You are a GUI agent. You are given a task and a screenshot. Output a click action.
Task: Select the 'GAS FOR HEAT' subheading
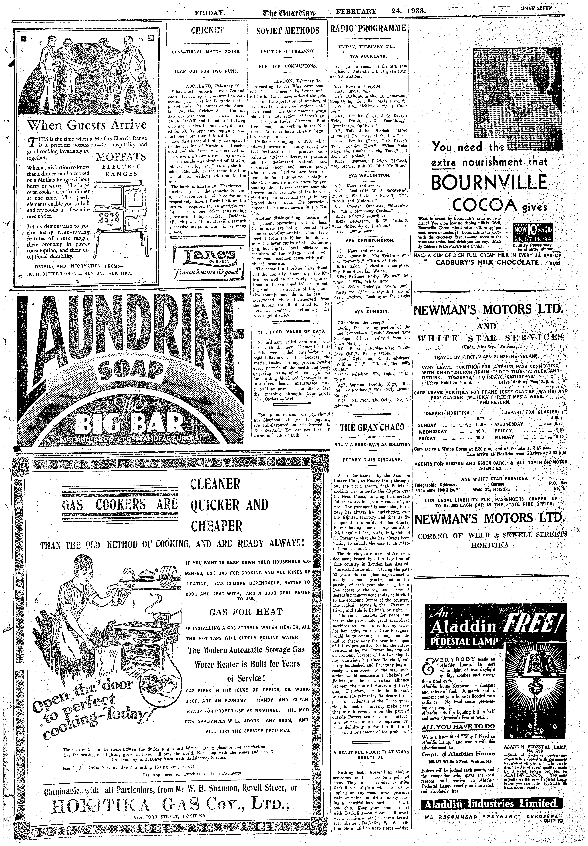(x=246, y=612)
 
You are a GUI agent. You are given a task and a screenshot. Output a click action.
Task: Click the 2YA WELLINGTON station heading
(x=367, y=175)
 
